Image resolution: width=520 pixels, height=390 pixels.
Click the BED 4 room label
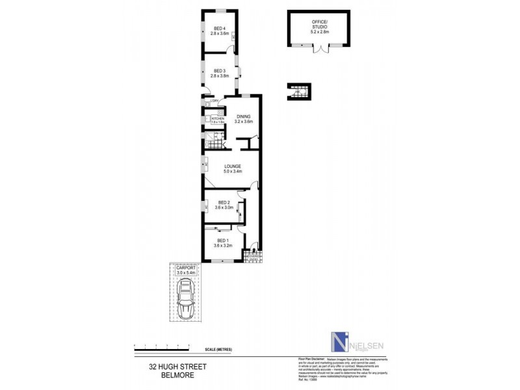click(219, 28)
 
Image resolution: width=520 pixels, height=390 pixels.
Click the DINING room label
click(242, 116)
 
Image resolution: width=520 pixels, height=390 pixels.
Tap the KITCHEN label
click(217, 118)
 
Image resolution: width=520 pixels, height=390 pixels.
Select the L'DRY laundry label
click(207, 101)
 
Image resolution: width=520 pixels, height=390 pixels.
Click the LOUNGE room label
click(232, 166)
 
